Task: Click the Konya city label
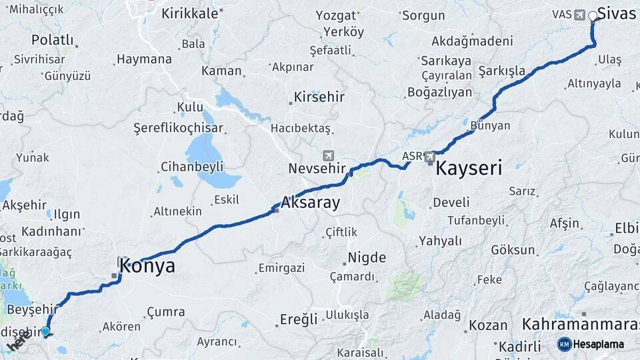click(148, 267)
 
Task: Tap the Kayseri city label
click(469, 168)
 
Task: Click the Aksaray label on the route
click(311, 202)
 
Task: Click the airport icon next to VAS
click(577, 15)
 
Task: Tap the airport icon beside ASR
click(430, 157)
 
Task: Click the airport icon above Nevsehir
click(328, 155)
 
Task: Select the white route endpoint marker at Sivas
click(593, 15)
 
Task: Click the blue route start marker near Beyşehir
click(46, 331)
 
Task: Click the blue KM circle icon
click(565, 344)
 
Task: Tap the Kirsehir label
click(319, 97)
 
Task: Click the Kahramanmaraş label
click(580, 325)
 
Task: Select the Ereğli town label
click(299, 319)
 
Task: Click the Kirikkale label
click(189, 13)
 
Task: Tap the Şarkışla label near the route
click(502, 71)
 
